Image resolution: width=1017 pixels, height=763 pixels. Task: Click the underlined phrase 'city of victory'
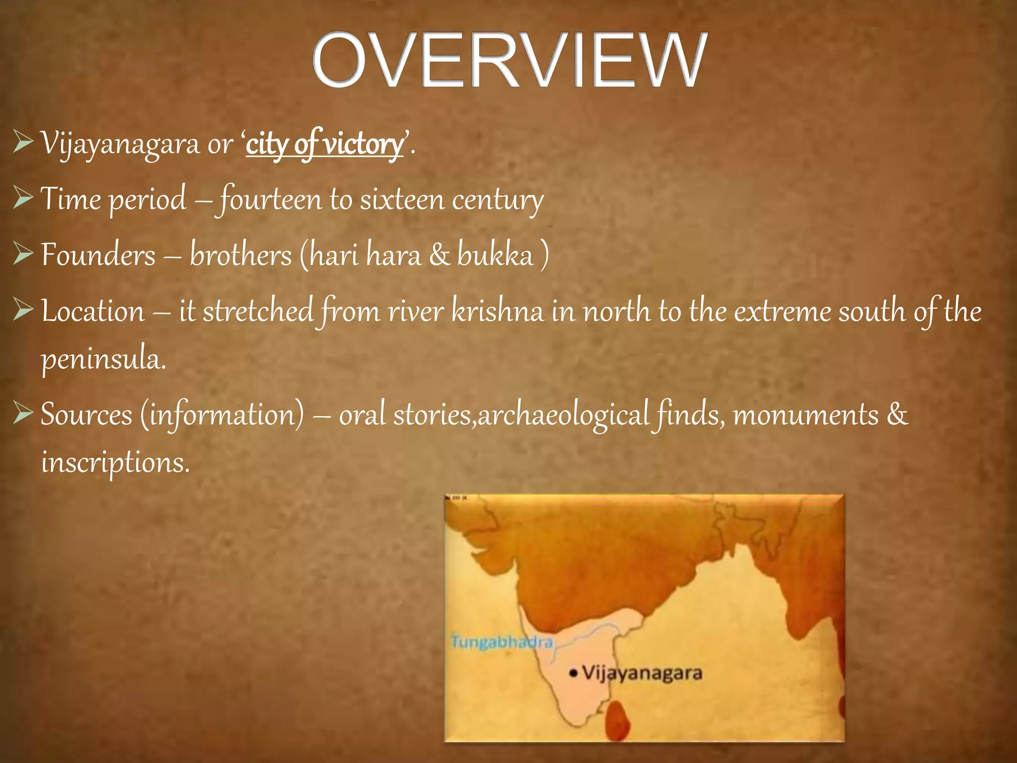(x=325, y=145)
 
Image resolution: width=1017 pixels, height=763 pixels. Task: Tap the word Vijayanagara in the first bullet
(x=119, y=145)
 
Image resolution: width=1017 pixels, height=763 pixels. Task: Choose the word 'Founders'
(x=98, y=255)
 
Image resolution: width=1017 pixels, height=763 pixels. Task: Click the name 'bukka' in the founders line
(x=495, y=255)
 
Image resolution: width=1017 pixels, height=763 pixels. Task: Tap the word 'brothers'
(x=241, y=255)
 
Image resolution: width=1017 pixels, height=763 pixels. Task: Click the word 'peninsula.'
(x=103, y=360)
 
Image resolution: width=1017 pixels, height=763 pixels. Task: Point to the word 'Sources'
(x=86, y=414)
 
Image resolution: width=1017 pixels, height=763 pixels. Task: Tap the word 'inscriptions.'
(x=115, y=462)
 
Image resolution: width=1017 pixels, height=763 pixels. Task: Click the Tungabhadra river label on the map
(x=502, y=642)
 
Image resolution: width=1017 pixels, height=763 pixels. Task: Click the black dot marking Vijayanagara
(x=574, y=674)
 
